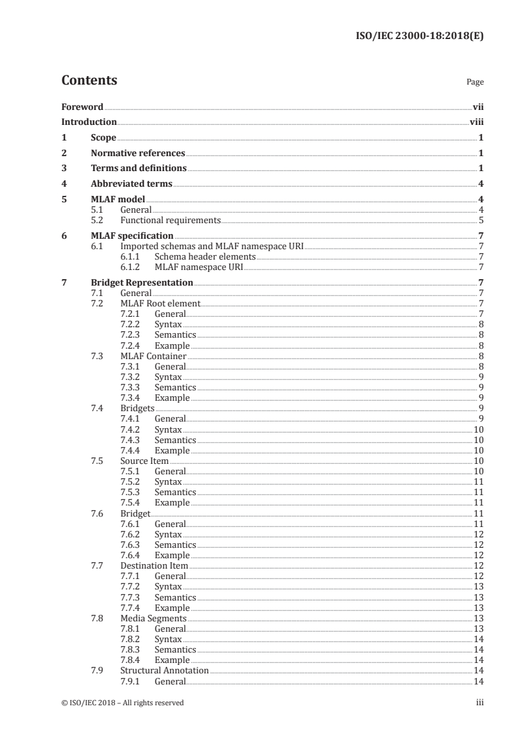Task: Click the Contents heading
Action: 89,81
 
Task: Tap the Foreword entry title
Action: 82,106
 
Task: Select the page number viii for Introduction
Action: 476,122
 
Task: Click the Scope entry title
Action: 103,138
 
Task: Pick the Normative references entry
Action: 137,154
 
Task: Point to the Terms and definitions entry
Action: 138,169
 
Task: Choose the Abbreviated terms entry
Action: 131,184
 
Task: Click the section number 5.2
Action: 97,221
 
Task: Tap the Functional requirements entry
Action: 170,221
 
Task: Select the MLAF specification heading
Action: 131,236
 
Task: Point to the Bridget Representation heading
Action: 141,282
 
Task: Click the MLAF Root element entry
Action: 160,304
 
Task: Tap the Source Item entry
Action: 144,461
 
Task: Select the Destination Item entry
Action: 154,566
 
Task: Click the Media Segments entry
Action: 153,618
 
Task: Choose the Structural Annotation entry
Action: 164,670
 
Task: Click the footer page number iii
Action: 480,703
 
